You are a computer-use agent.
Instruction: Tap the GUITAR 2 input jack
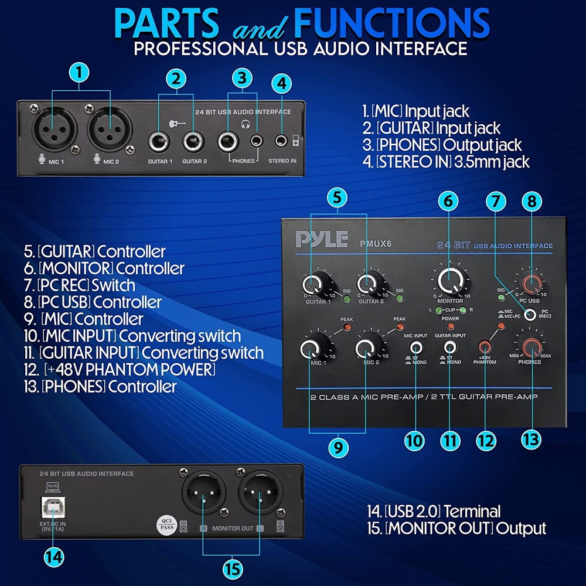193,141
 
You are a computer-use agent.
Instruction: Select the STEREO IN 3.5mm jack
282,141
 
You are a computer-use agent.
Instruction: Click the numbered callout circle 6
448,201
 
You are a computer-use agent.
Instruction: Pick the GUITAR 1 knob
313,285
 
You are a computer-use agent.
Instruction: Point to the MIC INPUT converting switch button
417,346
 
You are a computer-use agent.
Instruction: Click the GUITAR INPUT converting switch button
450,346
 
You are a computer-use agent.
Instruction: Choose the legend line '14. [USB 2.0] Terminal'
431,511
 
